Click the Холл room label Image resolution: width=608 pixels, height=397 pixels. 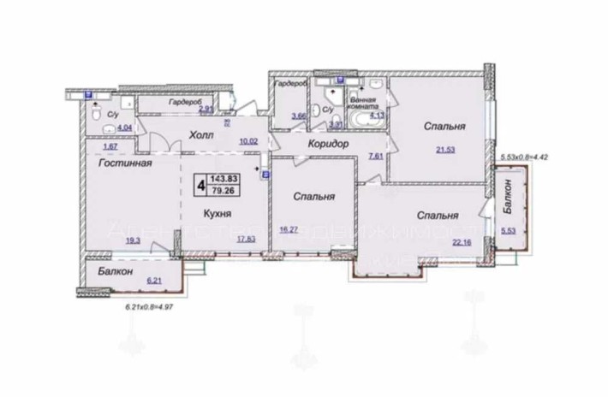(203, 135)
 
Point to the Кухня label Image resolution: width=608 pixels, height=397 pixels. (219, 213)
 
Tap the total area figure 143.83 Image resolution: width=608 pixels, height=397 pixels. (227, 176)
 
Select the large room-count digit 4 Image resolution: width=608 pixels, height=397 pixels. (201, 182)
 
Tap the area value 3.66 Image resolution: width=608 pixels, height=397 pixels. (298, 116)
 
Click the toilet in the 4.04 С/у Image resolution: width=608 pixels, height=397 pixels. (98, 115)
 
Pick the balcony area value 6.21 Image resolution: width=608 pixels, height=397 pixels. (155, 280)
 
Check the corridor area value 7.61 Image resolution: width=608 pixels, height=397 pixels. (375, 157)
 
